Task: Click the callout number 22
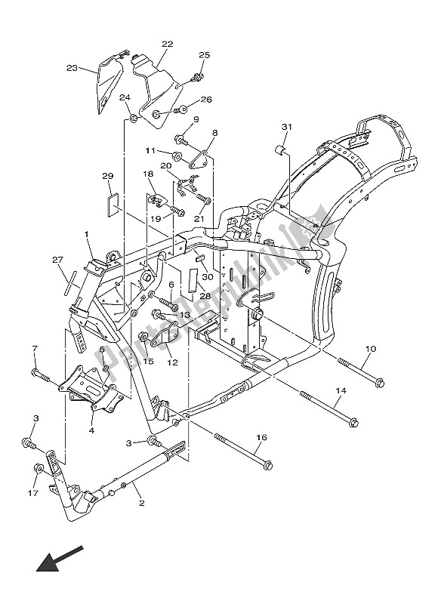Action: click(x=167, y=45)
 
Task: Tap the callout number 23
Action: click(x=72, y=68)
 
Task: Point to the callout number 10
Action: click(x=370, y=349)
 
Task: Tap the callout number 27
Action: click(x=57, y=260)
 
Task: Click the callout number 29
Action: click(x=107, y=176)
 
